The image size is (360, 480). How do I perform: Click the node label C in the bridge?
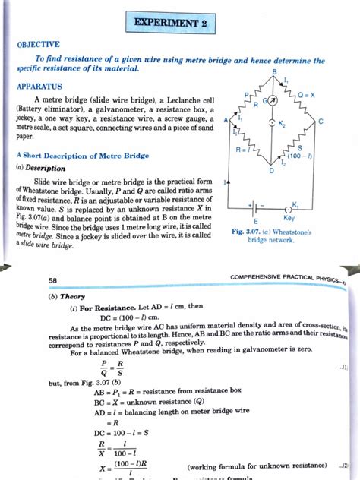coord(321,122)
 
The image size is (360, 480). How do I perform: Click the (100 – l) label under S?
coord(299,156)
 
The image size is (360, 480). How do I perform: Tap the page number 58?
coord(52,280)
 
